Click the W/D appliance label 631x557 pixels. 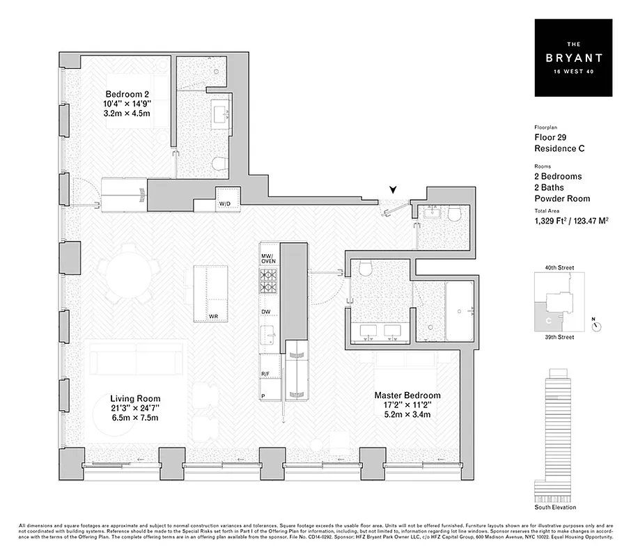point(226,204)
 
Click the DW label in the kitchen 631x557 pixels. point(266,312)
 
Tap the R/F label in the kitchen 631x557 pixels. point(265,374)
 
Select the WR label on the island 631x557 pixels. point(214,316)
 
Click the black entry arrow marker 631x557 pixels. point(395,189)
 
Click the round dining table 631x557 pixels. point(130,272)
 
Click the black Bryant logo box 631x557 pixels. point(574,58)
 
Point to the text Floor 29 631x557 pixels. point(550,137)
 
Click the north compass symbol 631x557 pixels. point(596,325)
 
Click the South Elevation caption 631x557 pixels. point(556,507)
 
